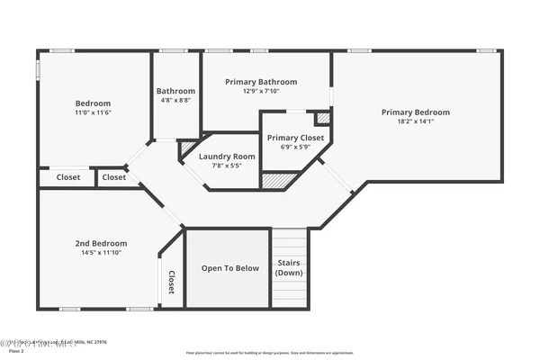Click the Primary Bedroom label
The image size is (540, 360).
click(x=415, y=112)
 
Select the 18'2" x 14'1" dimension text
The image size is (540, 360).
click(x=415, y=121)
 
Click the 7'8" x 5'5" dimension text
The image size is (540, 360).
click(x=227, y=166)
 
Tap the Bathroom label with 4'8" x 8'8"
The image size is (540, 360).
click(x=175, y=91)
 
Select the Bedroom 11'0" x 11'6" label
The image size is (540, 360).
click(x=93, y=103)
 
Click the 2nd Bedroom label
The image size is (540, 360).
click(x=100, y=243)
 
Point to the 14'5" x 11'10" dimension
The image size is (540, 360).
click(x=100, y=253)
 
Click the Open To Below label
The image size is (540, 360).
click(x=229, y=268)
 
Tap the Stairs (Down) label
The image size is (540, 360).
click(x=289, y=267)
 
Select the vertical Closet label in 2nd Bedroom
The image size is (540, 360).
click(x=170, y=283)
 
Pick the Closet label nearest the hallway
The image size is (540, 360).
click(x=113, y=177)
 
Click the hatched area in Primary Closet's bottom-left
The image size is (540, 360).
click(x=274, y=180)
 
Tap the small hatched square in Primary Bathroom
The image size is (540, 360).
click(x=323, y=118)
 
